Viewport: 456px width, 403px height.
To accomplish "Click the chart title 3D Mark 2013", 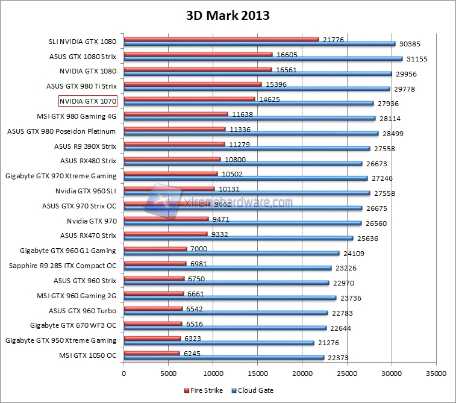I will [228, 16].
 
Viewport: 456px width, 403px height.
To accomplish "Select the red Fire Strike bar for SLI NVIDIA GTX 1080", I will [221, 40].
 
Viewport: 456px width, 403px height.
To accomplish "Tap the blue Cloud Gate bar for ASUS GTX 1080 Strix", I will [263, 59].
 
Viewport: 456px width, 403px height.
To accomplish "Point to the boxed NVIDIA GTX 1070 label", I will [87, 101].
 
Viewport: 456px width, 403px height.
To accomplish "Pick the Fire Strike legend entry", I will [204, 390].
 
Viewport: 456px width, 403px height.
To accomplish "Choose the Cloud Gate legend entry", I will [254, 390].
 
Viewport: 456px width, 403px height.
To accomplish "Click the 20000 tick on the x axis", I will [302, 374].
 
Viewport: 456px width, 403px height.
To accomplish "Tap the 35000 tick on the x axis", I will [436, 374].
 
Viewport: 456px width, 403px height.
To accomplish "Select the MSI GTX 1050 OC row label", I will [89, 355].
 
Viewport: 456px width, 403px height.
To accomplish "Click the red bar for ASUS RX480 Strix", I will [172, 160].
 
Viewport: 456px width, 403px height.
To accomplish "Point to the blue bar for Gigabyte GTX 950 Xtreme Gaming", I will [219, 343].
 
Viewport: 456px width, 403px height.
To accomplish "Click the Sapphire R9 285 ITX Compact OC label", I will [63, 266].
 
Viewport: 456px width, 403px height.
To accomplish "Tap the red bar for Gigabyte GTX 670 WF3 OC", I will [153, 324].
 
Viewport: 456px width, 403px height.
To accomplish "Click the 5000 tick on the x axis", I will [169, 374].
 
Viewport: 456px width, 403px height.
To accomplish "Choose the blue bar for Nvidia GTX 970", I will [243, 223].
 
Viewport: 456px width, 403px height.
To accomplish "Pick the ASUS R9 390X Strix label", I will [85, 146].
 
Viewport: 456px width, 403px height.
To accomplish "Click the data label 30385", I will [409, 43].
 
